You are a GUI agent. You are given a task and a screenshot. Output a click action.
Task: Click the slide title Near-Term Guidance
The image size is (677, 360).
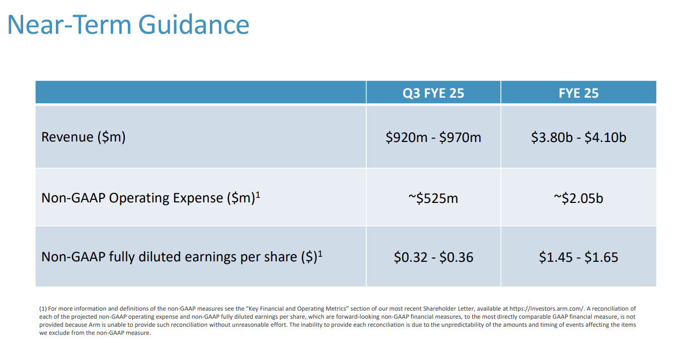click(128, 24)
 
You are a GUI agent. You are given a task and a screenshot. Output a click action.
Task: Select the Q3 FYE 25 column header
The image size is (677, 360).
click(433, 93)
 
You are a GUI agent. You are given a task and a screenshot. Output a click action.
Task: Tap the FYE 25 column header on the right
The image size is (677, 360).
click(578, 93)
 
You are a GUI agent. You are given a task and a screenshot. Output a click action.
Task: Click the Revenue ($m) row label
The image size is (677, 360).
click(83, 137)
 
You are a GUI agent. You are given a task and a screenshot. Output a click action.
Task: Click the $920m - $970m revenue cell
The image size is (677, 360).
click(433, 137)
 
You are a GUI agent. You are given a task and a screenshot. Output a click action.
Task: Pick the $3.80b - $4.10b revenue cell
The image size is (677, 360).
click(578, 137)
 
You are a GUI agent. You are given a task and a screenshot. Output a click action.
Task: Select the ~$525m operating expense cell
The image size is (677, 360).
click(433, 198)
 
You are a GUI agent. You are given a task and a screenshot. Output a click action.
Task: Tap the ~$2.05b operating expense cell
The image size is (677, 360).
click(578, 198)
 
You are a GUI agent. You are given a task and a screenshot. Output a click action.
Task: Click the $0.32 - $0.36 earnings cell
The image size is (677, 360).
click(433, 257)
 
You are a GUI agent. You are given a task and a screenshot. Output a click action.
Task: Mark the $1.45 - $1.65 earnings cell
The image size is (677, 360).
click(578, 257)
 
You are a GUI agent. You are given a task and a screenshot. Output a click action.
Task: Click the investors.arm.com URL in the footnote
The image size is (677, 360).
click(546, 309)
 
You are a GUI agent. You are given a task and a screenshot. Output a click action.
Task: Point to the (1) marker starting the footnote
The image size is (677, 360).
click(43, 309)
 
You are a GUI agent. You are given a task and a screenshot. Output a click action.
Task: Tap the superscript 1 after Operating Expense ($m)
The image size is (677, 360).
click(258, 194)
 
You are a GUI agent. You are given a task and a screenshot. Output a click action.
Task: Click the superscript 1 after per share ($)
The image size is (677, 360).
click(320, 253)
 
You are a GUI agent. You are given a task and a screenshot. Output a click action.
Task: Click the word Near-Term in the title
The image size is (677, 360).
click(70, 24)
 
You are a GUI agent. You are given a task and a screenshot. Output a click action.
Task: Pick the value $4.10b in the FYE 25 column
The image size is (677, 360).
click(605, 137)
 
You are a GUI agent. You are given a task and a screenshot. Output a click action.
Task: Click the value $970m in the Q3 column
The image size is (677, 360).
click(460, 137)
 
